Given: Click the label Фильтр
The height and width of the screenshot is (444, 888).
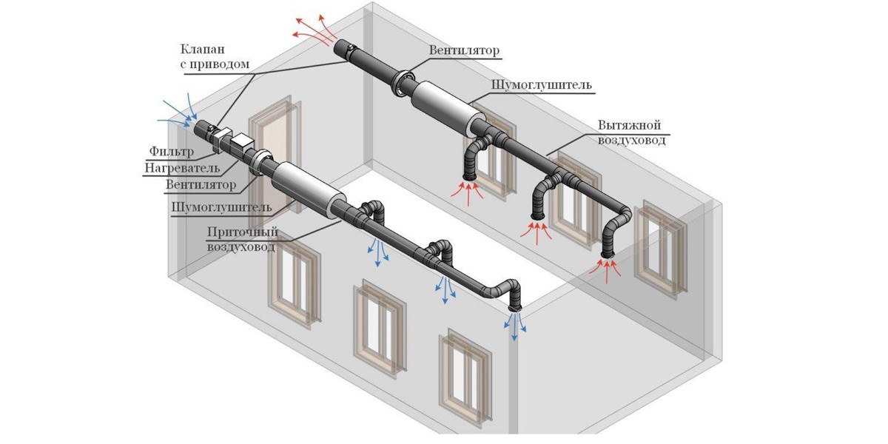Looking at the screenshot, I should click(x=171, y=152).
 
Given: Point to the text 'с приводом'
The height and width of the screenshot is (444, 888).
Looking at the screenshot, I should click(x=215, y=64).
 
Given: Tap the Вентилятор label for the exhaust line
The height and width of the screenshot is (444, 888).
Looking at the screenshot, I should click(x=464, y=51).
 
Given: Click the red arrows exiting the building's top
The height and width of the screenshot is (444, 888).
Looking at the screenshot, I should click(x=311, y=30).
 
